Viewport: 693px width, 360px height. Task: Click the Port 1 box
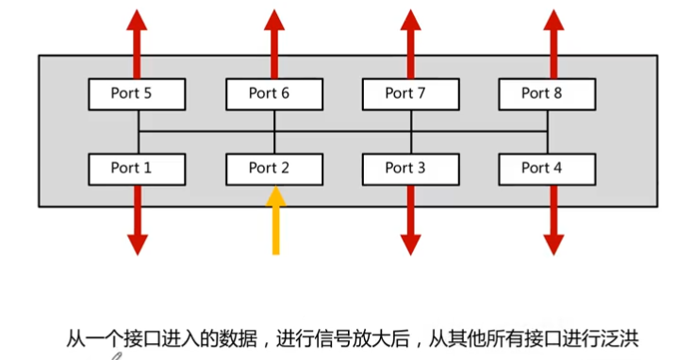click(x=138, y=169)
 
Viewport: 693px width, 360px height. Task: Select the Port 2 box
click(x=274, y=169)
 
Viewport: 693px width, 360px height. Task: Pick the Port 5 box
click(x=138, y=93)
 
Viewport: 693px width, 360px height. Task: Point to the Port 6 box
click(x=274, y=93)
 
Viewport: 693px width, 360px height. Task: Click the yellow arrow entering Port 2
click(x=274, y=221)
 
